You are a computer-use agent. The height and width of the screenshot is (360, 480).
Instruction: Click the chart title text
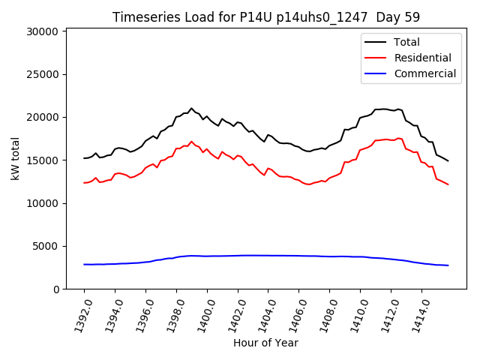(x=265, y=17)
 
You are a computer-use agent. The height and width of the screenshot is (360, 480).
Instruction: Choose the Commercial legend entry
(x=424, y=73)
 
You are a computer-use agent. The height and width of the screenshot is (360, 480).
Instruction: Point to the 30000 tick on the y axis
(x=43, y=31)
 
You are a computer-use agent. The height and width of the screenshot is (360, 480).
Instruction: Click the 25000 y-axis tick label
(x=43, y=74)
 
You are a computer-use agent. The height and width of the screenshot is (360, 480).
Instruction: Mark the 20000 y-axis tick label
(x=43, y=117)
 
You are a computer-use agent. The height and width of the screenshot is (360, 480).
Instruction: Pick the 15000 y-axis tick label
(x=43, y=160)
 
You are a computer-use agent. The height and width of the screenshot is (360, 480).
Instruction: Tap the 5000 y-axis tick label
(x=46, y=246)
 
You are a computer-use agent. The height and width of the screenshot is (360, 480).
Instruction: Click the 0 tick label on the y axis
(x=55, y=289)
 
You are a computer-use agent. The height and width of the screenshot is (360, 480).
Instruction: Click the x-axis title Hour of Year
(x=265, y=343)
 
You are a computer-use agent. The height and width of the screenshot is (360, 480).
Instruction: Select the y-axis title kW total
(x=15, y=158)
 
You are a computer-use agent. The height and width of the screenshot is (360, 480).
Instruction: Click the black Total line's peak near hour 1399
(x=191, y=108)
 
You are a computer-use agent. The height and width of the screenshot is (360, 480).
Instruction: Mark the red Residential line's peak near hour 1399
(x=191, y=141)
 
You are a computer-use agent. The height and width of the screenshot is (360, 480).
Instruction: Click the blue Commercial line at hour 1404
(x=268, y=256)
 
